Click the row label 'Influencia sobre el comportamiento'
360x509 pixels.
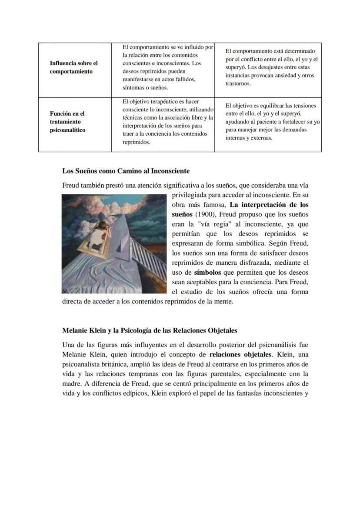point(73,67)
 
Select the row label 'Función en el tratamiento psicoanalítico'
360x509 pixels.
point(67,122)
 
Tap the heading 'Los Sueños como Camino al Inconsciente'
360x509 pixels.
point(126,171)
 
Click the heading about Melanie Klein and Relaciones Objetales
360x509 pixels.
point(150,330)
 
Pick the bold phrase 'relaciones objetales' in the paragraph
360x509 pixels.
point(240,354)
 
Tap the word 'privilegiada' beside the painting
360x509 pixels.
point(191,195)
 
